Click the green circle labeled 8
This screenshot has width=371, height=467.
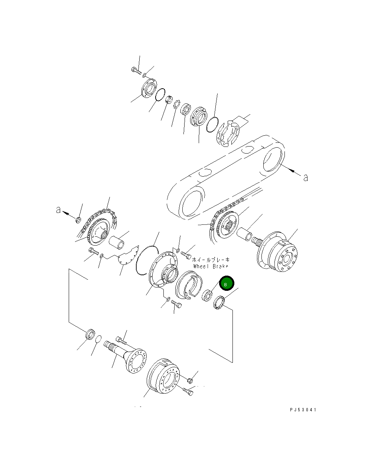(x=226, y=284)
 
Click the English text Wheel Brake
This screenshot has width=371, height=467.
(x=211, y=266)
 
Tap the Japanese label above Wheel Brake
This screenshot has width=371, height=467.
(x=211, y=260)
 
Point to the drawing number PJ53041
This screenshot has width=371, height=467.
(x=303, y=410)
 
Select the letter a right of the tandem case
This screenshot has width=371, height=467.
(x=306, y=178)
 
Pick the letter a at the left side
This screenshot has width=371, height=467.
(x=58, y=210)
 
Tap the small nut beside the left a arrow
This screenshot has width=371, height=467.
(x=78, y=220)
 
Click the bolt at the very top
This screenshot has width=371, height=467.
(x=136, y=70)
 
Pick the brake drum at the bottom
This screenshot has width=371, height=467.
(x=164, y=376)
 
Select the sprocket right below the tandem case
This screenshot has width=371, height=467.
(x=226, y=225)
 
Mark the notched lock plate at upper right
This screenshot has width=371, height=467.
(x=228, y=132)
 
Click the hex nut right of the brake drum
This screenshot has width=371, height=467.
(x=190, y=380)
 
